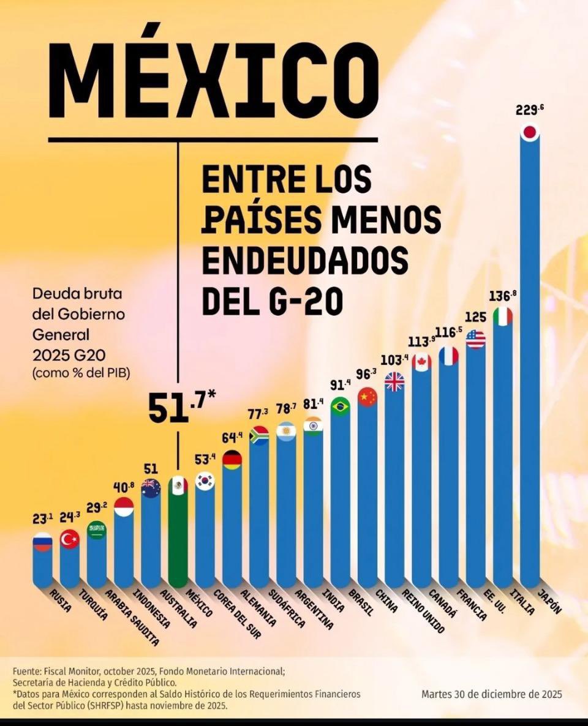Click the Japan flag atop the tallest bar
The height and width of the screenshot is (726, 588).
530,132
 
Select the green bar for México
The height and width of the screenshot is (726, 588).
178,539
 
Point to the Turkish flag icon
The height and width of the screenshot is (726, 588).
70,539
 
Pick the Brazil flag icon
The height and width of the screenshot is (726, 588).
340,406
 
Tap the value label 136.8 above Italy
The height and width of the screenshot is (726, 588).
502,296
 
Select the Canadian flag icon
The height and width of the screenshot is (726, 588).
421,362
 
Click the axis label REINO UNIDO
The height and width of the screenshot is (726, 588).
423,611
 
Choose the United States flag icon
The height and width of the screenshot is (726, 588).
475,339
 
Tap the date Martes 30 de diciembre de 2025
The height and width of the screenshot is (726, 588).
492,694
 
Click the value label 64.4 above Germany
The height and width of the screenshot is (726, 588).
232,438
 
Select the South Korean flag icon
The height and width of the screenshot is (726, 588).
205,482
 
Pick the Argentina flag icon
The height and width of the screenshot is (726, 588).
286,431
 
